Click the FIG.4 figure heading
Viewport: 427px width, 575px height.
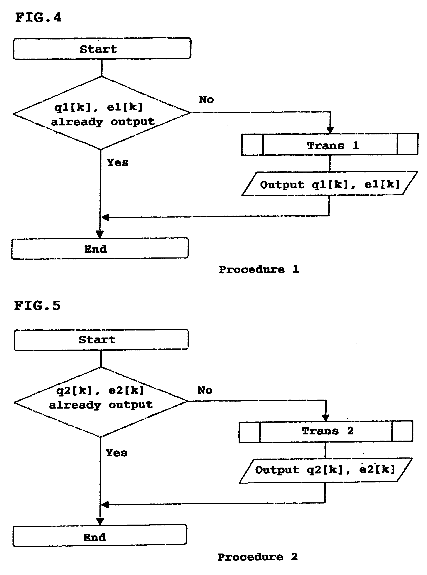(x=38, y=18)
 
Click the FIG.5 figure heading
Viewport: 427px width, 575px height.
(x=37, y=306)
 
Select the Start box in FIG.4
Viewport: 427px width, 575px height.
(x=102, y=49)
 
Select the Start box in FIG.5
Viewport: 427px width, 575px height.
(x=101, y=340)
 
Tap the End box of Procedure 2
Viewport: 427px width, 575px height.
(x=99, y=537)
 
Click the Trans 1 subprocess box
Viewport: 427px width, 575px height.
(x=330, y=145)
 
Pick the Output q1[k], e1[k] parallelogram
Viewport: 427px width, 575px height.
(x=330, y=184)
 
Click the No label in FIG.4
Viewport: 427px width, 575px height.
(x=206, y=100)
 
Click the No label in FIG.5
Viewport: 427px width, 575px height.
(x=205, y=390)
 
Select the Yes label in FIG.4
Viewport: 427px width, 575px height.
(x=118, y=163)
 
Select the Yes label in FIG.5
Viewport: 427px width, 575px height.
(x=117, y=453)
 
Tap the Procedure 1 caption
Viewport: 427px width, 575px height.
(x=259, y=270)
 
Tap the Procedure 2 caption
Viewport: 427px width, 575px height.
(x=257, y=557)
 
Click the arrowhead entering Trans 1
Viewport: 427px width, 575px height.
(x=330, y=130)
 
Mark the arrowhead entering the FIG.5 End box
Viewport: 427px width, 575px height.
(x=100, y=521)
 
